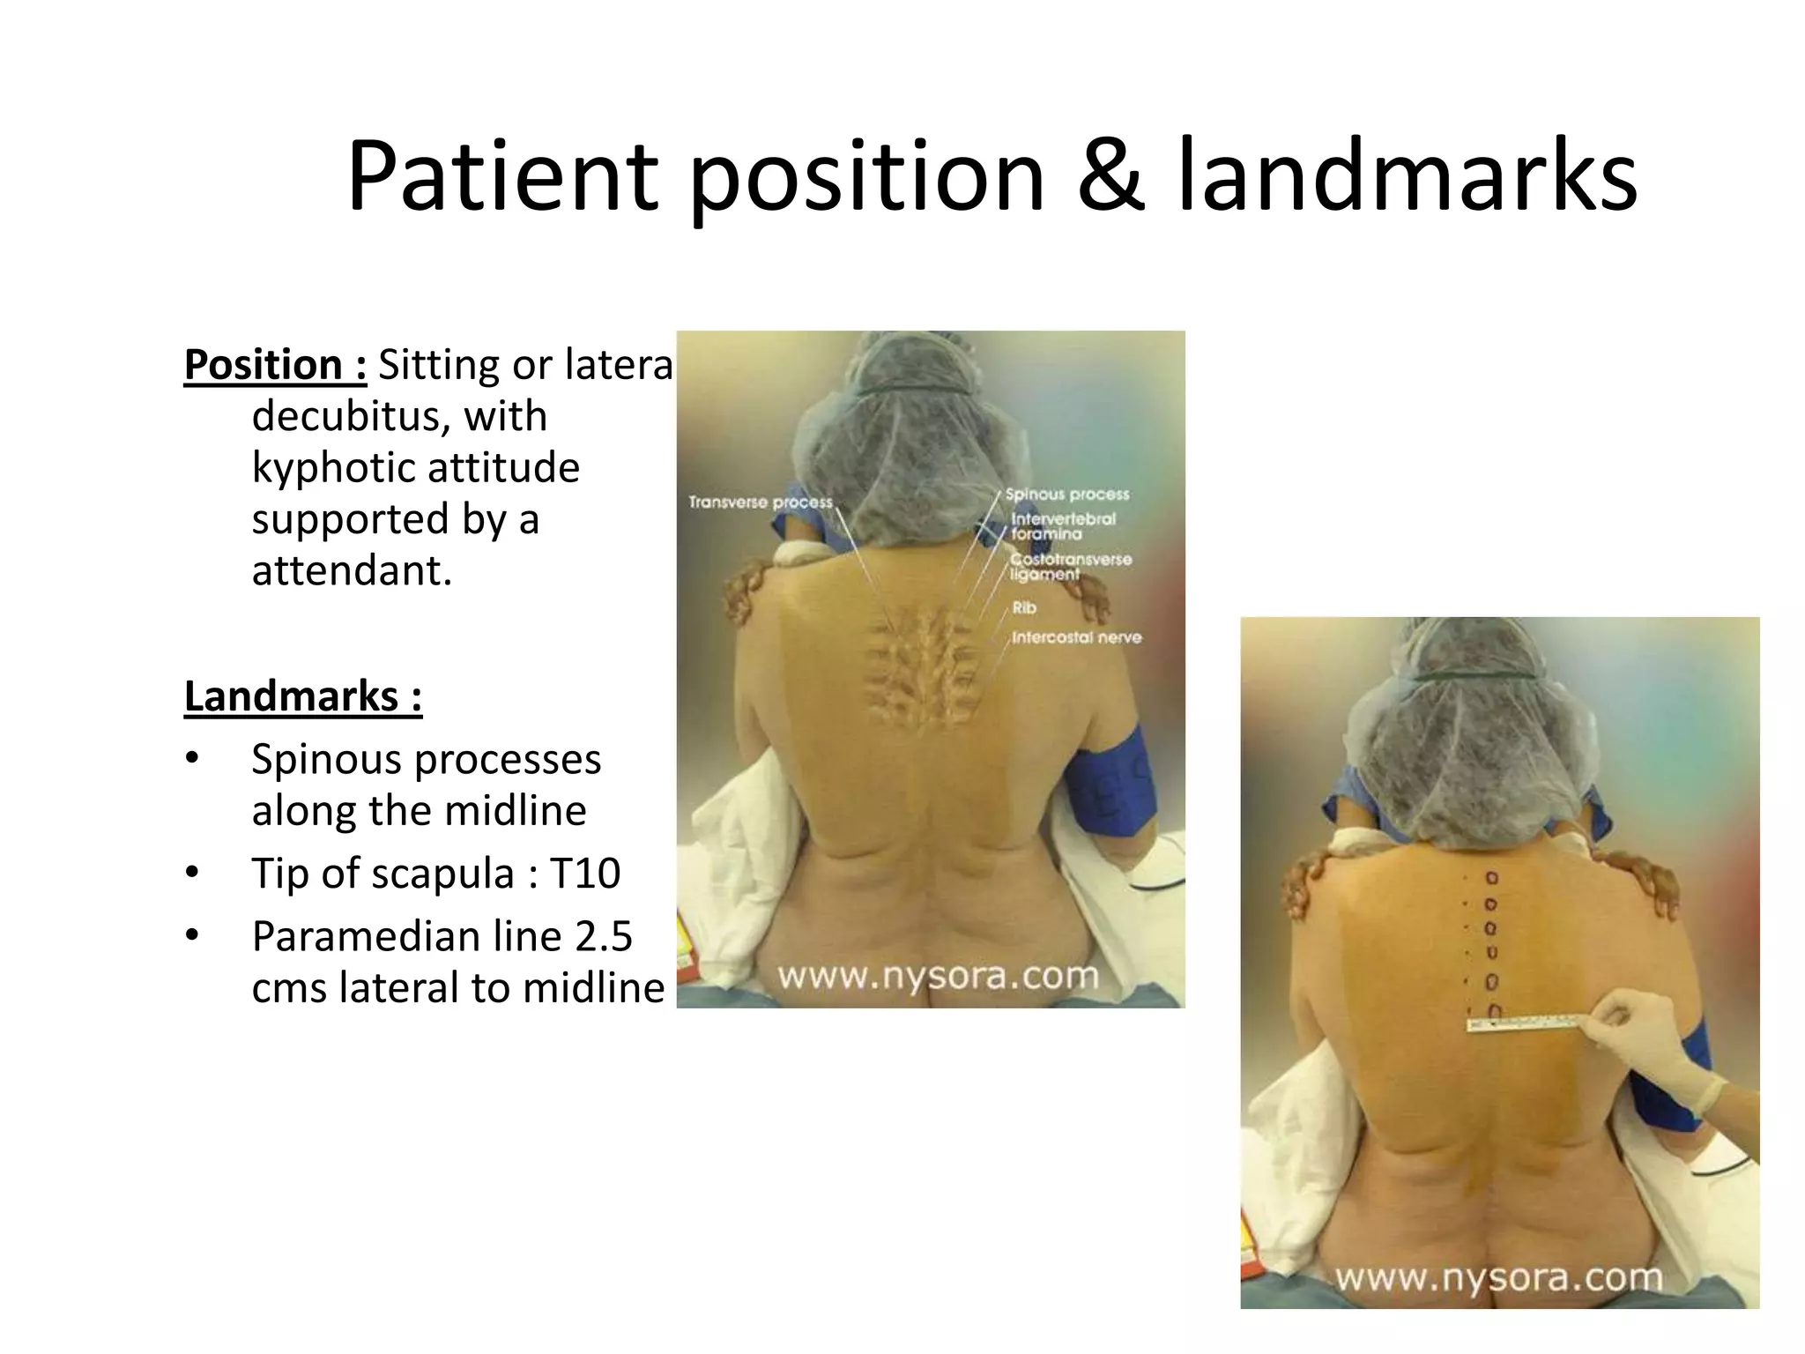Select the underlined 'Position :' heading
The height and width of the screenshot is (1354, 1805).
click(275, 365)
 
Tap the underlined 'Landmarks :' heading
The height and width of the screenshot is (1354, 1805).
click(303, 696)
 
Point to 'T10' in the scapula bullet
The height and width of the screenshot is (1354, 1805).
click(585, 874)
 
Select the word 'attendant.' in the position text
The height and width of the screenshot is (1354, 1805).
click(352, 571)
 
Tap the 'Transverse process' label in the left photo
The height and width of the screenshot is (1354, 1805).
click(760, 502)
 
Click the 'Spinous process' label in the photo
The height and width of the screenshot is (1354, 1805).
click(1066, 495)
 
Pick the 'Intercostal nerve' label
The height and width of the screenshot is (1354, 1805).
click(1075, 637)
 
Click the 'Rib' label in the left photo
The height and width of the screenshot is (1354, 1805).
click(1024, 607)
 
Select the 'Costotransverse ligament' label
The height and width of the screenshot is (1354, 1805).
click(1070, 566)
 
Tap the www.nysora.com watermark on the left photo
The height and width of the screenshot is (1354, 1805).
click(938, 976)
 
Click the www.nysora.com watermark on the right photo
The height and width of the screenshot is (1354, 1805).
click(1498, 1277)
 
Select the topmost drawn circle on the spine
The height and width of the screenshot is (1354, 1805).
click(1492, 878)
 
